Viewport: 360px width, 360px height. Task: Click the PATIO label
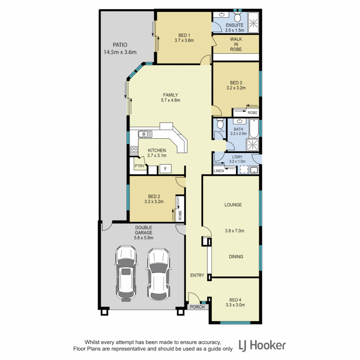[120, 45]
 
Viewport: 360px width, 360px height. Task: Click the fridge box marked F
[165, 169]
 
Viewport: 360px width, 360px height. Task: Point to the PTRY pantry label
[139, 166]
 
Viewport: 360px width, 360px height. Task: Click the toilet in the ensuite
[238, 17]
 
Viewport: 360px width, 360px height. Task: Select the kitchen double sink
[145, 134]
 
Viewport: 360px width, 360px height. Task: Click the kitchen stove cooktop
[134, 150]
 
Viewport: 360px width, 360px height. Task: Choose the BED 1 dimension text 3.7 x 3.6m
[184, 40]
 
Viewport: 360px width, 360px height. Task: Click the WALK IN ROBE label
[236, 44]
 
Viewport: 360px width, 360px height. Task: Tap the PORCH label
[197, 307]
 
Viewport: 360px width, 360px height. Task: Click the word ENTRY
[197, 275]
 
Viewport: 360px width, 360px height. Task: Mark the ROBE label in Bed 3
[252, 113]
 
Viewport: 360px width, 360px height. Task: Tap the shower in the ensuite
[253, 22]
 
